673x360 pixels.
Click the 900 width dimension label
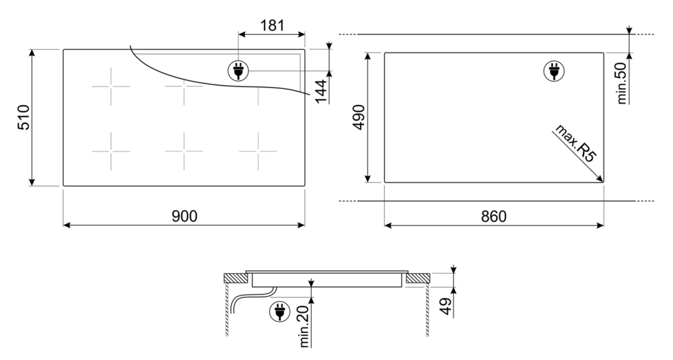(184, 216)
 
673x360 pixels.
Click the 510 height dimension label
(23, 117)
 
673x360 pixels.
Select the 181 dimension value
(272, 26)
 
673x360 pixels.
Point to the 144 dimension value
(321, 91)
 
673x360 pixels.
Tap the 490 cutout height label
(359, 117)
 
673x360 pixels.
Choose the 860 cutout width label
(493, 217)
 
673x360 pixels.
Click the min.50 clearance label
(622, 83)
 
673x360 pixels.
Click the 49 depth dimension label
(446, 306)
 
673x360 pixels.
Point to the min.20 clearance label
(304, 328)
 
